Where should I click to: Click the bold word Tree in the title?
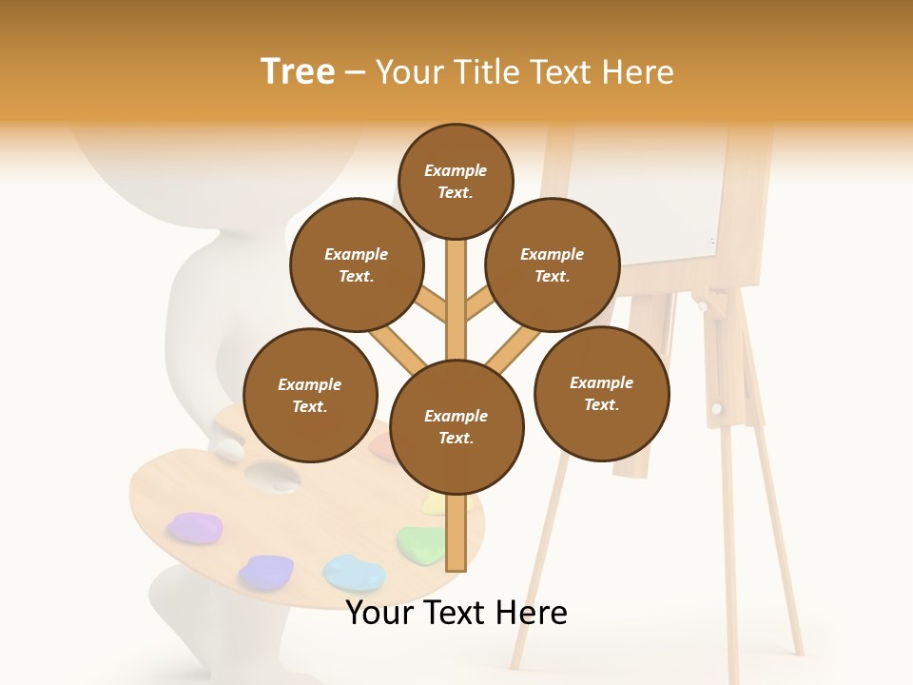tap(298, 72)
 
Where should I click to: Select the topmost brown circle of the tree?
tap(456, 181)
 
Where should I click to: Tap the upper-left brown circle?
tap(357, 264)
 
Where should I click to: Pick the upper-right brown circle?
tap(553, 264)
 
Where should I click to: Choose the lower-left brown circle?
tap(310, 395)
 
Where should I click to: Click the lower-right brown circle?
tap(601, 393)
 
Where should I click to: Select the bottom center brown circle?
tap(456, 426)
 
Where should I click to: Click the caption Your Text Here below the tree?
tap(456, 614)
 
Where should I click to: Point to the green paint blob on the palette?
tap(421, 544)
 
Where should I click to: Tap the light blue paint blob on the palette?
tap(354, 573)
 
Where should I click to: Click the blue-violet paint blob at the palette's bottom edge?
tap(265, 572)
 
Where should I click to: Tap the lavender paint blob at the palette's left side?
tap(195, 527)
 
